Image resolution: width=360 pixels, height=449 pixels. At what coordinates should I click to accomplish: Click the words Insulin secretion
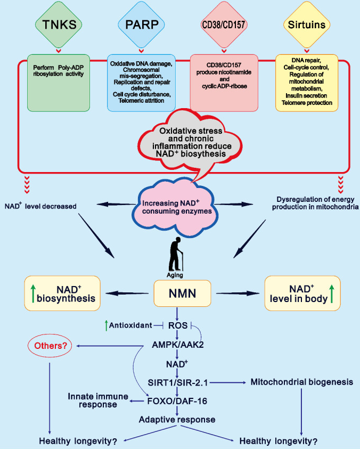306,95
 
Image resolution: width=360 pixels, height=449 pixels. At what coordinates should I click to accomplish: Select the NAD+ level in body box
301,292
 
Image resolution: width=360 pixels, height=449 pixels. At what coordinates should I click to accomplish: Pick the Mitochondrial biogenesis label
288,382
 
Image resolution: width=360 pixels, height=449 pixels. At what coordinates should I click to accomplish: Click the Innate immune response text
94,400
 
